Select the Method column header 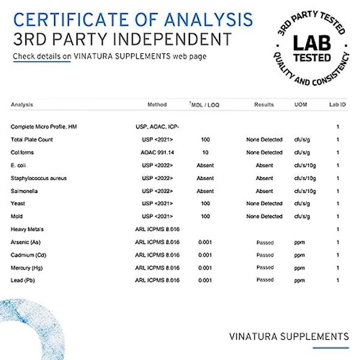pyautogui.click(x=157, y=105)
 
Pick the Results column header pyautogui.click(x=264, y=105)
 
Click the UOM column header pyautogui.click(x=301, y=105)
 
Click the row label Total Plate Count pyautogui.click(x=32, y=140)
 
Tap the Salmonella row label pyautogui.click(x=24, y=191)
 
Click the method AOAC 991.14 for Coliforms pyautogui.click(x=157, y=152)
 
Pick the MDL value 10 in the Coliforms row pyautogui.click(x=205, y=152)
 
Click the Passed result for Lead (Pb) pyautogui.click(x=265, y=280)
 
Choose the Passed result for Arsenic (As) pyautogui.click(x=265, y=242)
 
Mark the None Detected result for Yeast pyautogui.click(x=264, y=203)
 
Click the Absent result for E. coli pyautogui.click(x=265, y=166)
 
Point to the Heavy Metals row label pyautogui.click(x=27, y=229)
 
